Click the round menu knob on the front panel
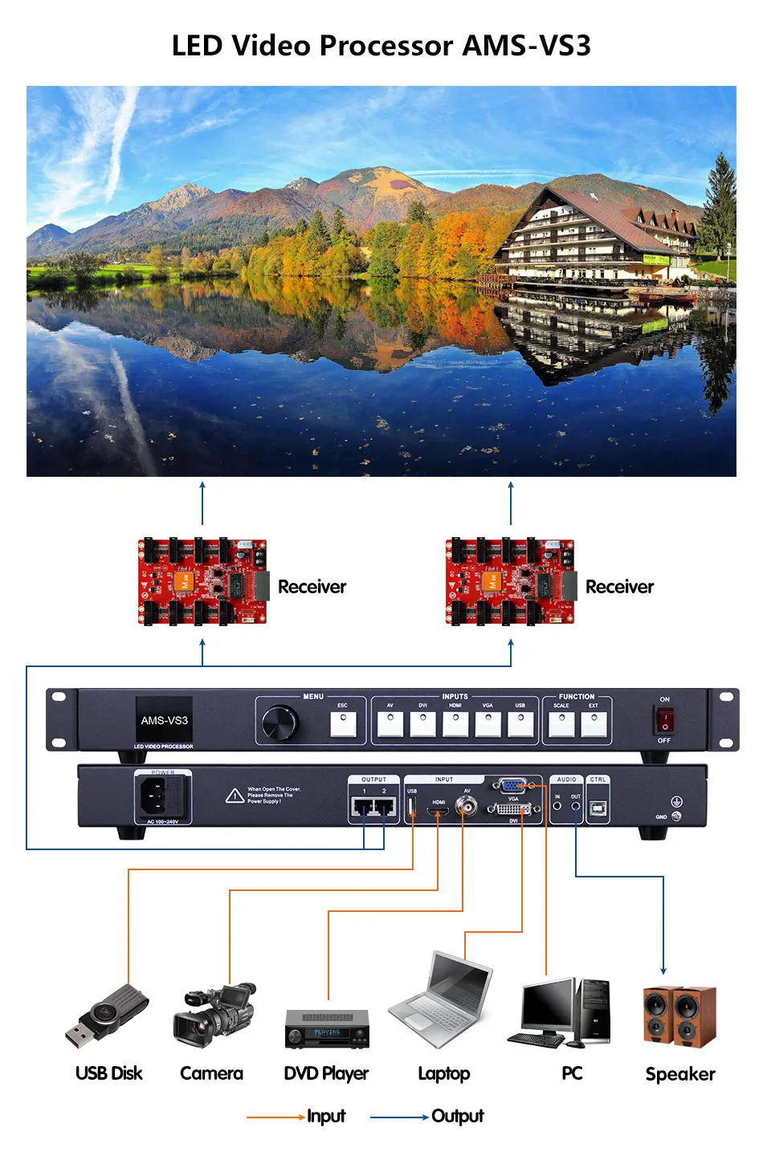coord(280,722)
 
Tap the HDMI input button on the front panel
coord(455,724)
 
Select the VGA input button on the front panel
coord(488,724)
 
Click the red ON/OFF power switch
coord(664,720)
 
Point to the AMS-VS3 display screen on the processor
coord(164,720)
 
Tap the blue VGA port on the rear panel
coord(512,785)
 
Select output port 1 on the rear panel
coord(365,807)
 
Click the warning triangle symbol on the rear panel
coord(235,796)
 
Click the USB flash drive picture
coord(108,1016)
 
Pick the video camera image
coord(214,1016)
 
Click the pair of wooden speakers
coord(679,1016)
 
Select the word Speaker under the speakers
coord(680,1074)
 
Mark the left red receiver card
coord(202,582)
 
